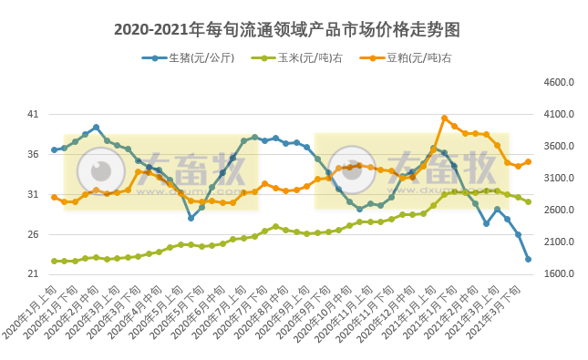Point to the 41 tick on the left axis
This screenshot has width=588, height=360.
(x=33, y=115)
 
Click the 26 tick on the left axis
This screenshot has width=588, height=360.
(x=33, y=235)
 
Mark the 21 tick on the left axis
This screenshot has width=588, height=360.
(x=33, y=274)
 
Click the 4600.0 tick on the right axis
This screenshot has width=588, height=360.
(x=557, y=83)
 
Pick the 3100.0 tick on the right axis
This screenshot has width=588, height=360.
(x=557, y=179)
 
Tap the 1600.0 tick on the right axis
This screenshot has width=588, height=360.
(x=557, y=274)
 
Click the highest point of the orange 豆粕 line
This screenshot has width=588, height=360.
(x=444, y=118)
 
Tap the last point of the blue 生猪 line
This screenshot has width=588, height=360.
(x=528, y=260)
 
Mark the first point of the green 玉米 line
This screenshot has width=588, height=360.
(x=54, y=262)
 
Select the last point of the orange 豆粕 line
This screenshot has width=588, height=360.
(x=528, y=161)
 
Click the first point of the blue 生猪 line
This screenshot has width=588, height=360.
(x=54, y=149)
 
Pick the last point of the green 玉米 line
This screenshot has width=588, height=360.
(x=528, y=201)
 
